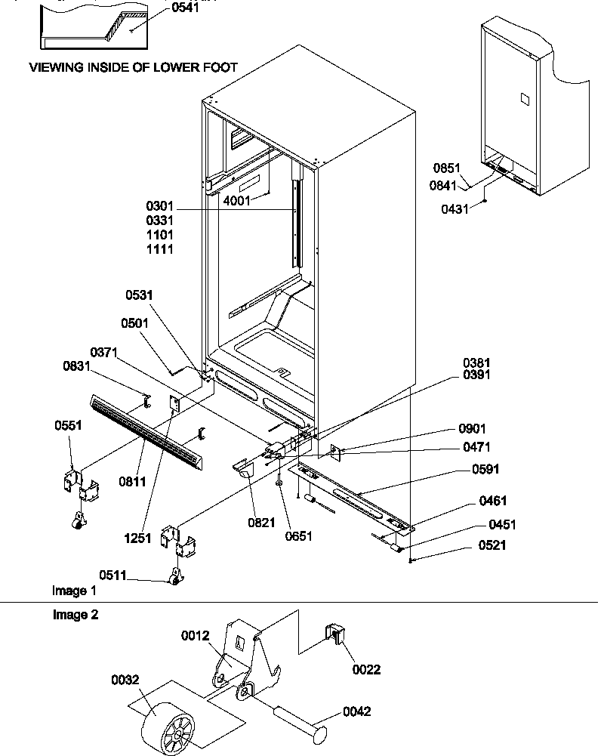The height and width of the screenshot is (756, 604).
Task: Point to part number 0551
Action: [67, 425]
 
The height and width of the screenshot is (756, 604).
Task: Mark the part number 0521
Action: [492, 545]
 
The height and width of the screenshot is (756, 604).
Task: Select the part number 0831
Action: [77, 366]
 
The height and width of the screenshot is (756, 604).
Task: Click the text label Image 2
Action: [75, 615]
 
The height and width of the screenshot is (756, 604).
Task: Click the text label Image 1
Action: [74, 590]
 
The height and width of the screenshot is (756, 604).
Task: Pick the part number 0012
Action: [195, 636]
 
